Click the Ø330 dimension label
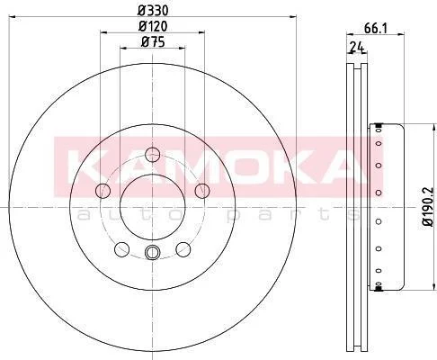(153, 11)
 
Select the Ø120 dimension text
(153, 26)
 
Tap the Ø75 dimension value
(153, 42)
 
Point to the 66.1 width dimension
(376, 29)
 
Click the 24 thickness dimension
(357, 48)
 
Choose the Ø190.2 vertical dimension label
(428, 207)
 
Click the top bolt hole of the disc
(153, 155)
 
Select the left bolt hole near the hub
(103, 191)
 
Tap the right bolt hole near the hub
(202, 191)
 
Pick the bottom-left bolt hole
(122, 249)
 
